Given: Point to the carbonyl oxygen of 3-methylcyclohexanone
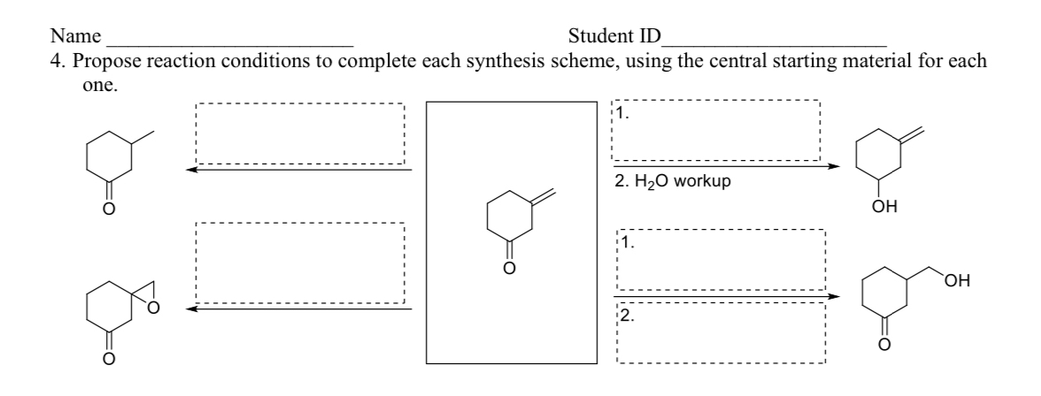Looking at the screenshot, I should [x=109, y=209].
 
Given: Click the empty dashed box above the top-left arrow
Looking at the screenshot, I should [x=299, y=133].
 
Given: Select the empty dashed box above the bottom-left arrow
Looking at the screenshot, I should [x=299, y=263].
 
